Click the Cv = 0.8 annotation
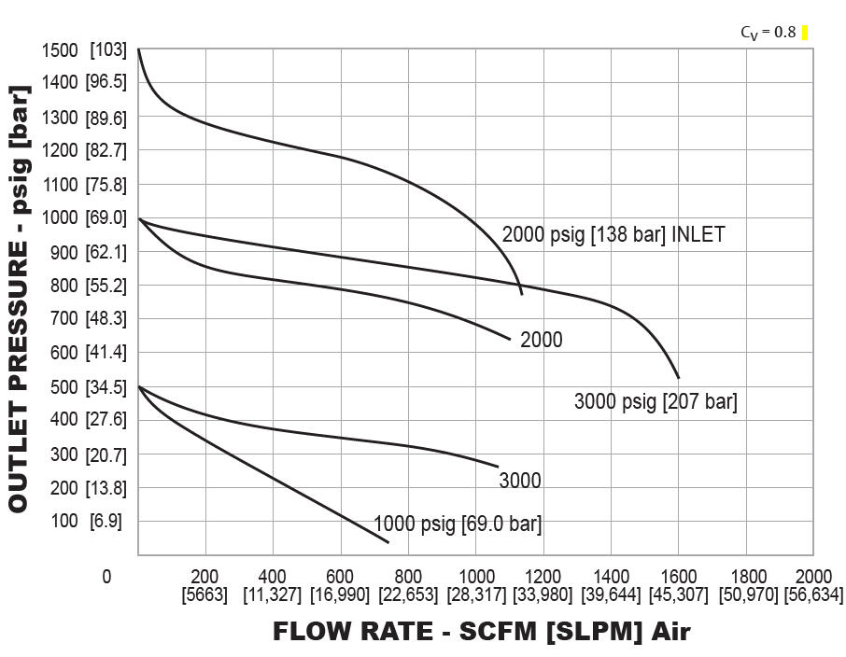click(768, 33)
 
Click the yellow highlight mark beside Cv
click(805, 33)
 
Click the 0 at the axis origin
click(106, 578)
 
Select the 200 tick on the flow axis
click(204, 577)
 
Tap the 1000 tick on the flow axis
click(475, 577)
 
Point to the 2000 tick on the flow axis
click(813, 577)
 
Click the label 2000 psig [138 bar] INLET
click(613, 234)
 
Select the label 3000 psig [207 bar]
click(656, 403)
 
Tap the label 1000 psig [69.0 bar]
click(458, 524)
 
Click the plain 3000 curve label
click(520, 481)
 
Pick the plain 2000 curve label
click(542, 340)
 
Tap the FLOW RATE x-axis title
click(481, 632)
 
